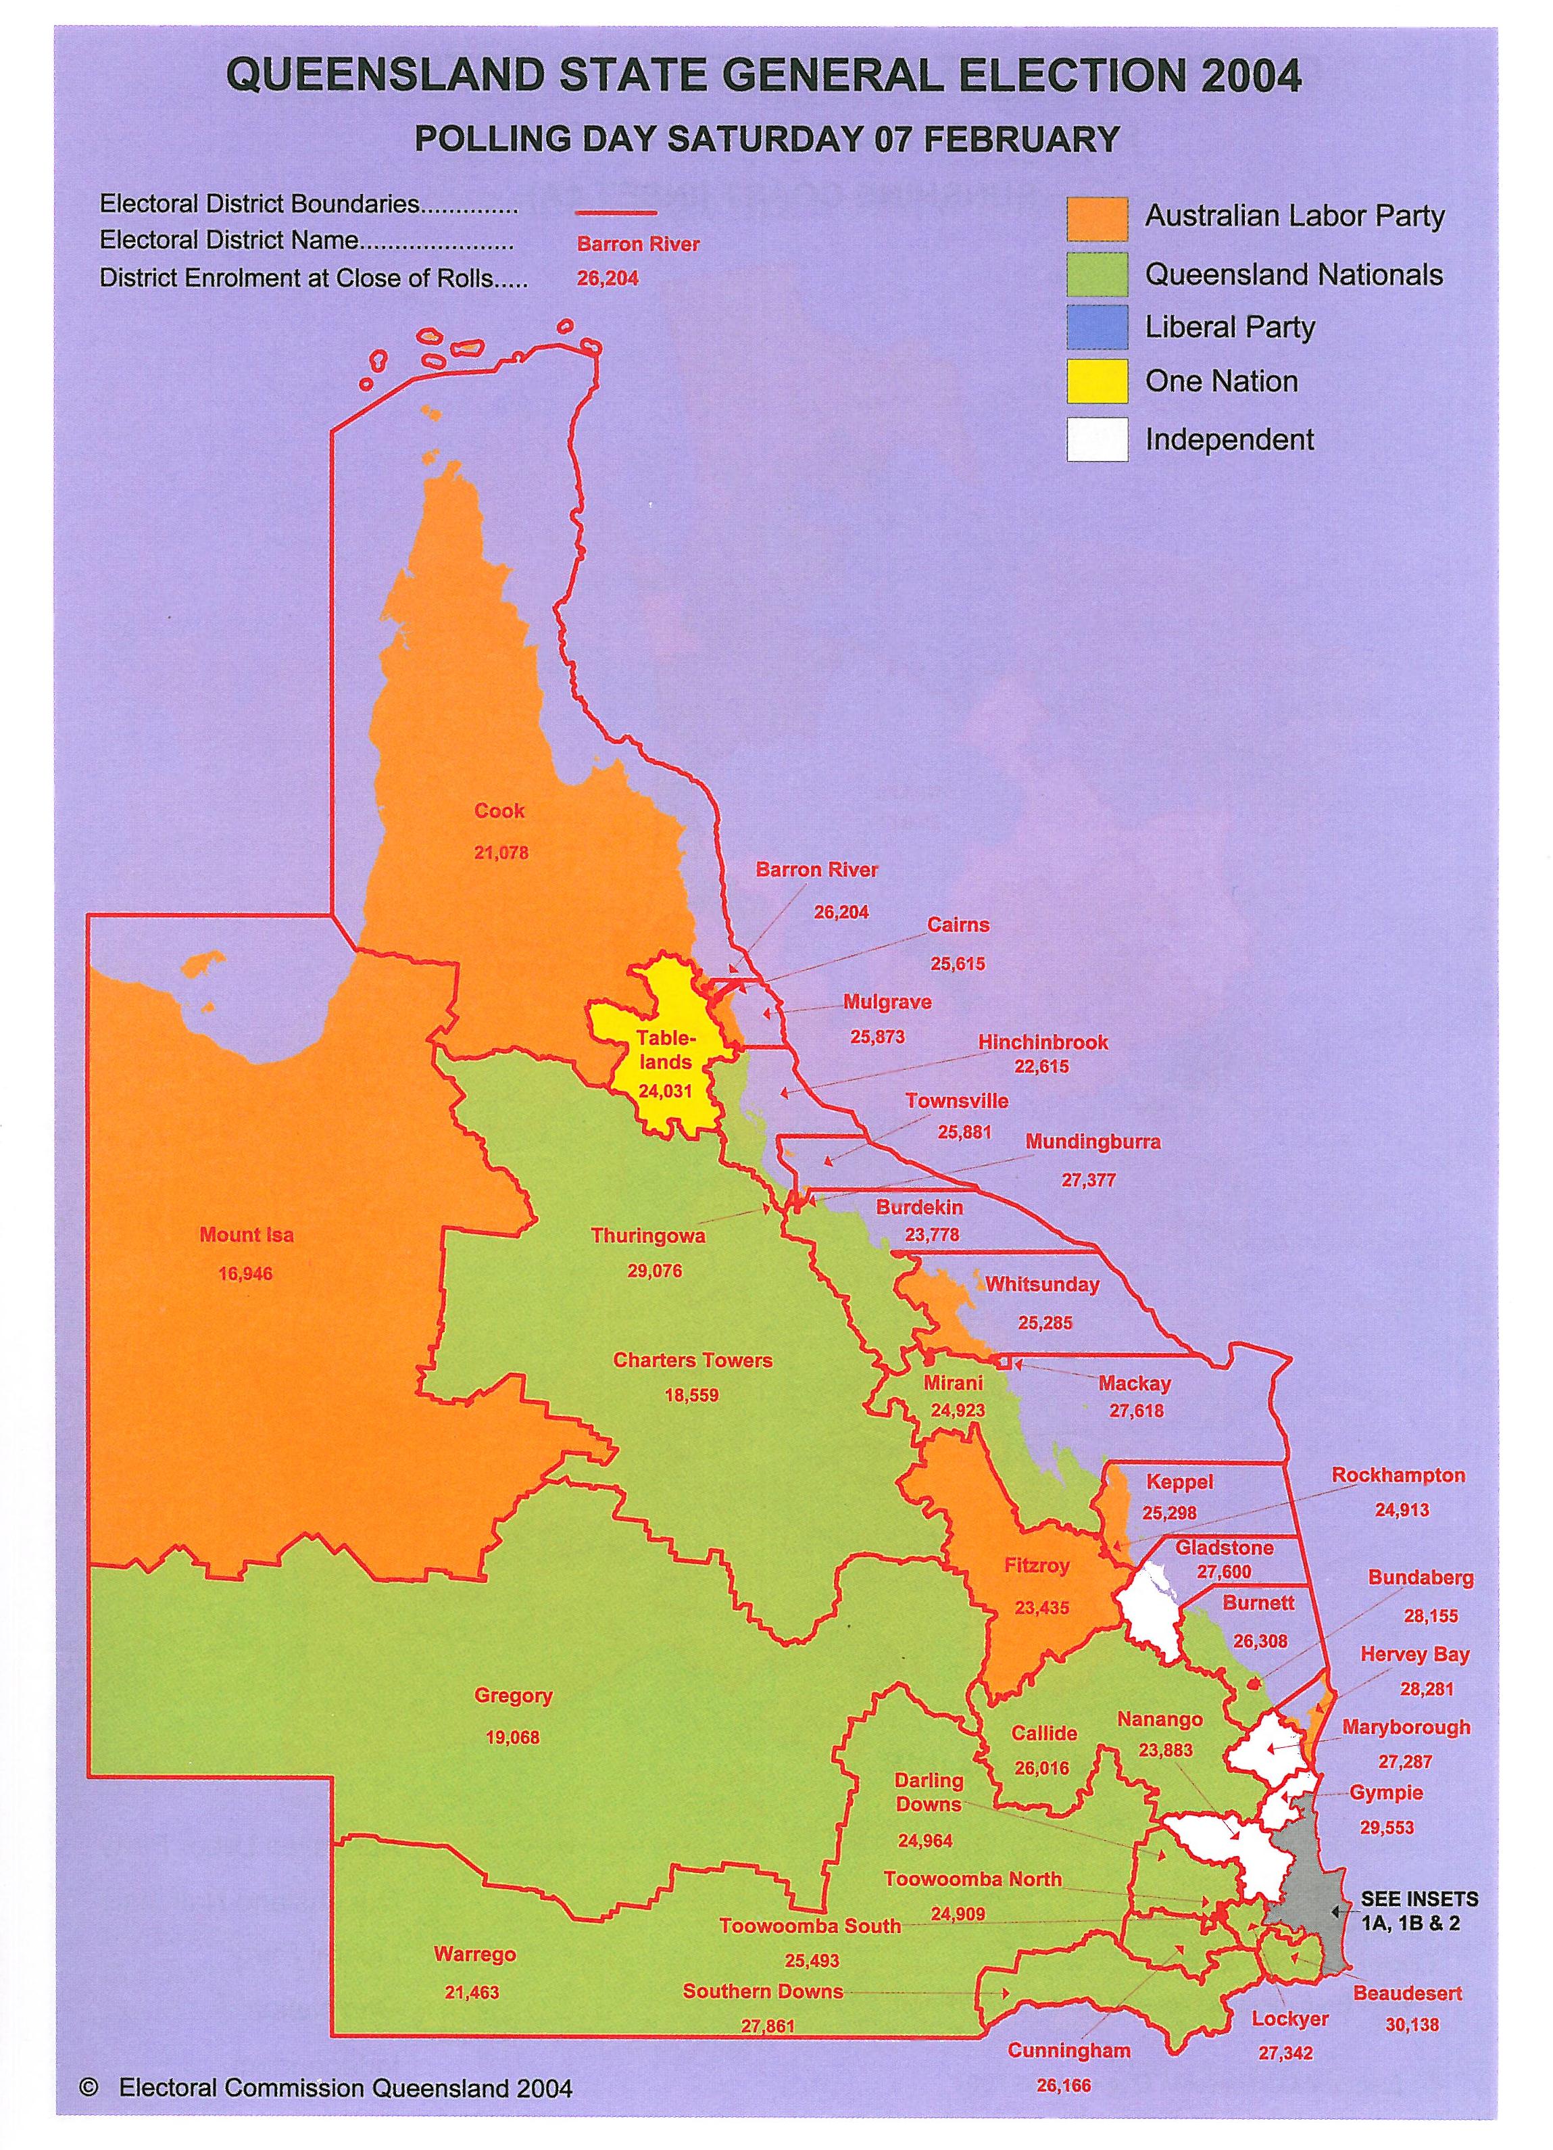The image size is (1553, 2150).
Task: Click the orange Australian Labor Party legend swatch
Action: [1097, 219]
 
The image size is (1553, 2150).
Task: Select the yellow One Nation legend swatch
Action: [1097, 381]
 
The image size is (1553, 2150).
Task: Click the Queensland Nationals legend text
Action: [1293, 275]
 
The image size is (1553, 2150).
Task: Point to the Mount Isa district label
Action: [247, 1234]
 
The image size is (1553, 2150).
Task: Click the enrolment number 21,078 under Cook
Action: [501, 852]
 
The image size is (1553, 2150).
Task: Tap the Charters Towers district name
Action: [692, 1361]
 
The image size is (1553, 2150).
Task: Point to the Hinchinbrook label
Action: [1043, 1042]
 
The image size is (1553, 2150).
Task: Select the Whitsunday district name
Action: [1041, 1284]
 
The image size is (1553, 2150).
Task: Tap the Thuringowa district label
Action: [647, 1236]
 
